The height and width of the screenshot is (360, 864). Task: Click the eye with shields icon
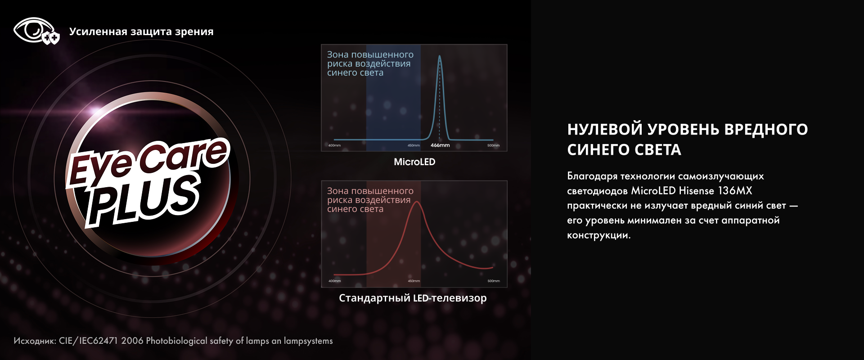(36, 31)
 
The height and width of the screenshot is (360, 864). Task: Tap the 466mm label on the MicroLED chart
(440, 145)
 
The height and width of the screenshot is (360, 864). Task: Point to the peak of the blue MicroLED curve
(440, 56)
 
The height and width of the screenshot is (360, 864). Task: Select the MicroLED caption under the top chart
(414, 162)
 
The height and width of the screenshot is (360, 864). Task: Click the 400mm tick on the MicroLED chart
(334, 145)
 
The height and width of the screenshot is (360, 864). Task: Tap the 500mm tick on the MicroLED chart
(493, 145)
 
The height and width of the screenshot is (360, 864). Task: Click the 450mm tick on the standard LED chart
(414, 281)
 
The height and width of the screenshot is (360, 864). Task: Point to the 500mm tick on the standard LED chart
(494, 281)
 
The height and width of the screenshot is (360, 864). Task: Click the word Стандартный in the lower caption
(374, 298)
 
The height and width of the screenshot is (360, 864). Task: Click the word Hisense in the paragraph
(697, 191)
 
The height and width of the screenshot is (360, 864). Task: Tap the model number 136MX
(735, 191)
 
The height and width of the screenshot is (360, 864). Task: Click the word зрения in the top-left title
(194, 32)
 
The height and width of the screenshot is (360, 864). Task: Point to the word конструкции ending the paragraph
(599, 235)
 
